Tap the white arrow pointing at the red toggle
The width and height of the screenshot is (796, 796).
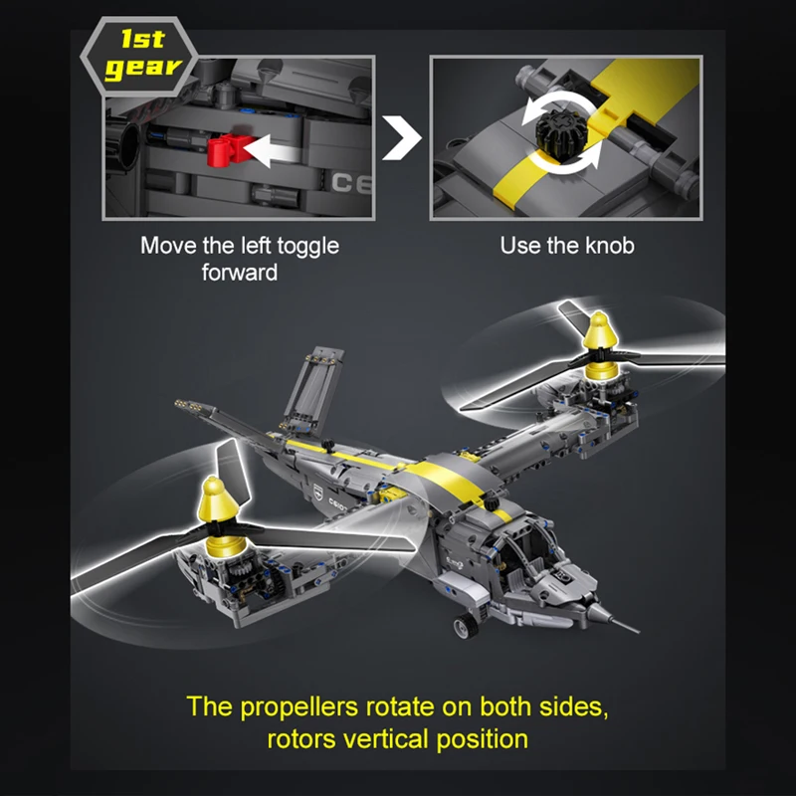272,151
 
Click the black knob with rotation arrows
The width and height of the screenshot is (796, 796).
562,130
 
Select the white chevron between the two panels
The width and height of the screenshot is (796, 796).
401,138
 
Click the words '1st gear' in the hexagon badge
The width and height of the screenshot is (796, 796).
142,55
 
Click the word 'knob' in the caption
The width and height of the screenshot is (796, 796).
610,245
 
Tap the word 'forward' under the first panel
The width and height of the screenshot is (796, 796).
240,272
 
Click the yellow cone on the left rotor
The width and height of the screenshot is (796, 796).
219,501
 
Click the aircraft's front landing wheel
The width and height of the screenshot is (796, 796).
466,625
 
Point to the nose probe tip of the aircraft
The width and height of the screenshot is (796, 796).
639,633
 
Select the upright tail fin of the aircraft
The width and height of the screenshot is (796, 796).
312,387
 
